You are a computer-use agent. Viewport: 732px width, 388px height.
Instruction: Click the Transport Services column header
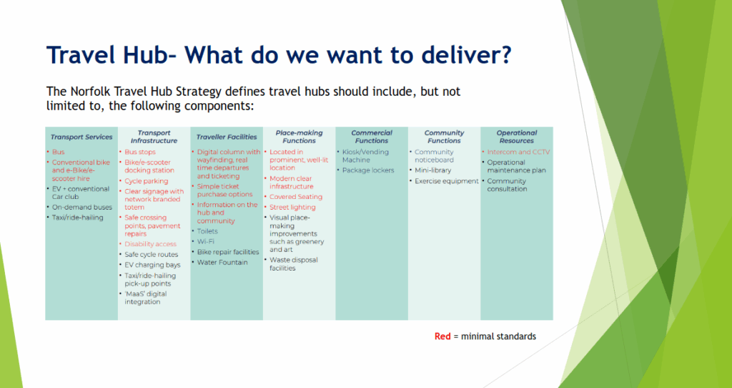pos(81,137)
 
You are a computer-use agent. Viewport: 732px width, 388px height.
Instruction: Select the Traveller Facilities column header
pos(226,137)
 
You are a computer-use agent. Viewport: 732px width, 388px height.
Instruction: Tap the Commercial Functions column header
pos(372,137)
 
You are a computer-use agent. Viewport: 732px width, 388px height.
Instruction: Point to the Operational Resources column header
pos(516,137)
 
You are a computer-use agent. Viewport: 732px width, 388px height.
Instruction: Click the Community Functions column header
pos(444,137)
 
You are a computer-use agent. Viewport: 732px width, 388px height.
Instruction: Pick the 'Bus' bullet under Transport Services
pos(59,152)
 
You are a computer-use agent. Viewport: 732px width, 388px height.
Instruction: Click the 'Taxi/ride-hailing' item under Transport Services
pos(77,218)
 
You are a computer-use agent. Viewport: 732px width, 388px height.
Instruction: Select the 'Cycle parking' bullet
pos(146,181)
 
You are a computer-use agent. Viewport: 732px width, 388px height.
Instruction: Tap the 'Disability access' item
pos(150,244)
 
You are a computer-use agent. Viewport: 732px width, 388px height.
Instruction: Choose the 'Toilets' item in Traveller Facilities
pos(207,231)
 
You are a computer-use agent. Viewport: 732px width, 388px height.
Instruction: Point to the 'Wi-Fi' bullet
pos(205,242)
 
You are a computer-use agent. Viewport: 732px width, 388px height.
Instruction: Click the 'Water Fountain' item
pos(222,263)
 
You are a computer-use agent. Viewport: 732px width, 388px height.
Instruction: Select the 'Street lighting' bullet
pos(292,207)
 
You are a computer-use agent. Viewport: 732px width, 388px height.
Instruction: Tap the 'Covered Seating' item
pos(295,197)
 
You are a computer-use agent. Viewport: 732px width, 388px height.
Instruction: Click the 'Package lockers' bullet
pos(368,170)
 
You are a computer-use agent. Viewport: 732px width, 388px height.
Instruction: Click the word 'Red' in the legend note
pos(442,336)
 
